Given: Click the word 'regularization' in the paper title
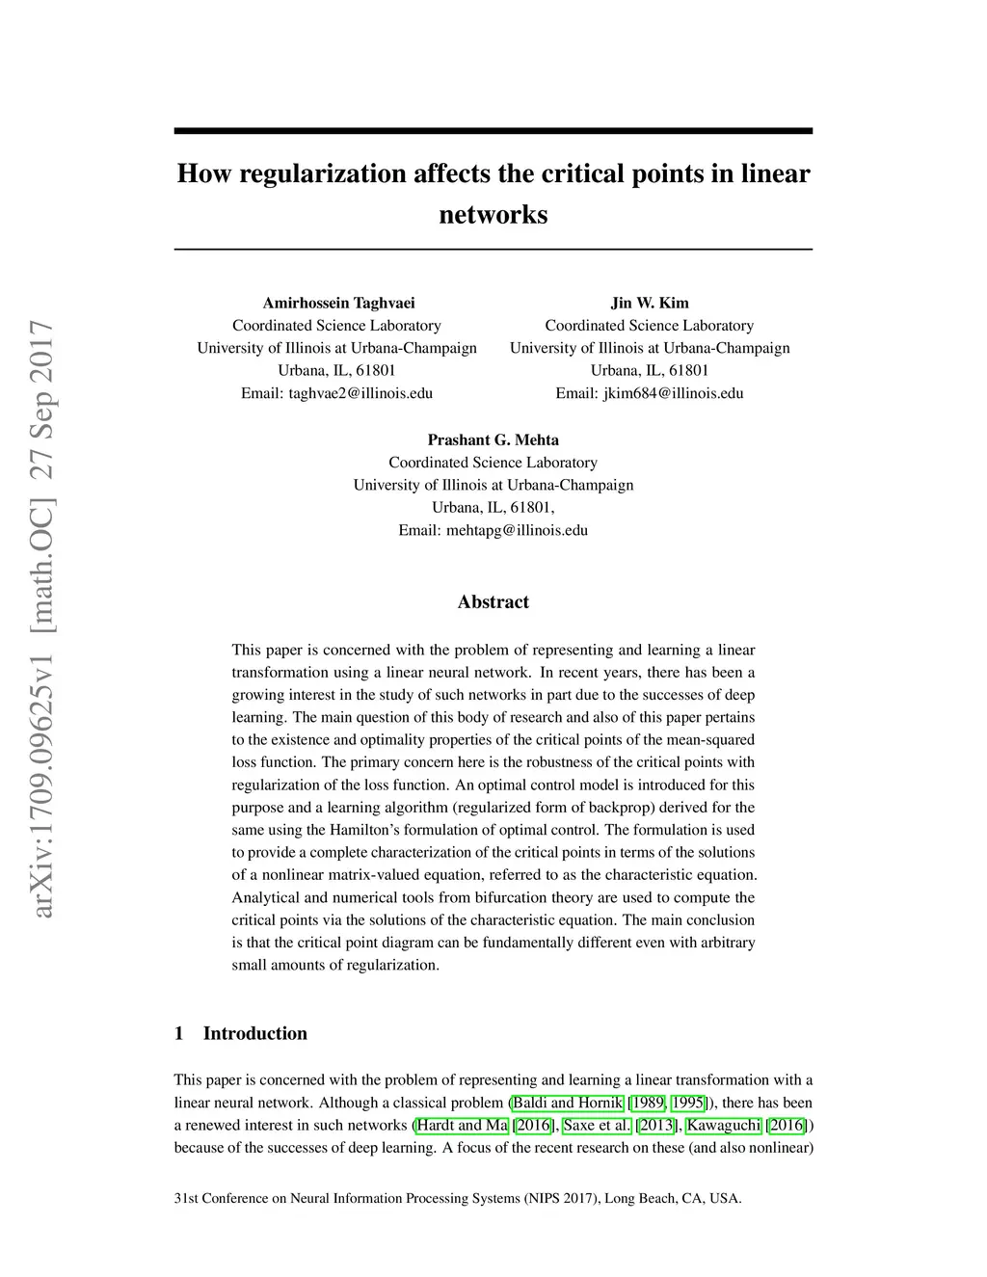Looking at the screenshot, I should click(x=323, y=174).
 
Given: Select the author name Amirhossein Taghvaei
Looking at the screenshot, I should click(x=338, y=303).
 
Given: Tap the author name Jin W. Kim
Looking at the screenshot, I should click(x=650, y=303).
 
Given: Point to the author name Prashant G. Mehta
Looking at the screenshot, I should click(x=493, y=439).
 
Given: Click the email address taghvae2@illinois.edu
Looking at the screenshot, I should click(x=360, y=393).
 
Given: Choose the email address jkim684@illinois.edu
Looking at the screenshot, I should click(x=673, y=393).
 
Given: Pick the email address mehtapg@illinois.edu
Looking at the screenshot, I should click(x=517, y=530).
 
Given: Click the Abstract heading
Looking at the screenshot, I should click(x=493, y=602).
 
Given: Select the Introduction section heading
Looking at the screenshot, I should click(x=254, y=1033).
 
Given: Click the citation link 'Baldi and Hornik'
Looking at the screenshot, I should click(x=568, y=1103).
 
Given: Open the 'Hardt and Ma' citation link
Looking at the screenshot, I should click(x=462, y=1125).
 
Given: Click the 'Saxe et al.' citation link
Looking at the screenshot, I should click(x=598, y=1125).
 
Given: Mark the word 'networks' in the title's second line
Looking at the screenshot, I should click(x=493, y=214).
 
